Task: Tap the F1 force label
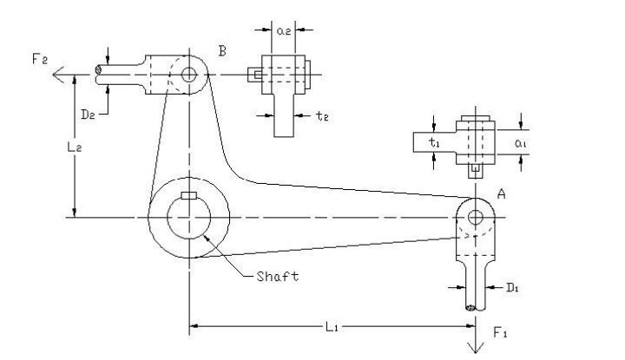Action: (x=500, y=333)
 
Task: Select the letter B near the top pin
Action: (x=222, y=53)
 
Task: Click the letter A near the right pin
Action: (x=501, y=197)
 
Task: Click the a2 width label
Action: (x=283, y=30)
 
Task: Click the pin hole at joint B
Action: (x=189, y=75)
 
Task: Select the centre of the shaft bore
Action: (x=188, y=217)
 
